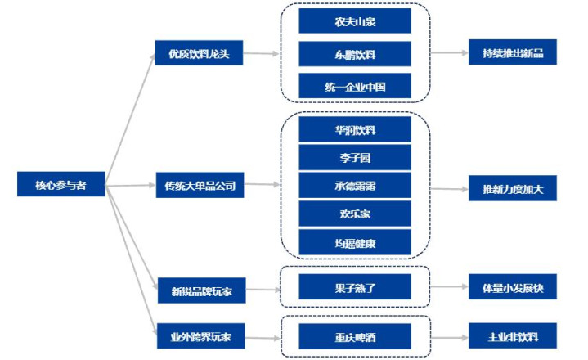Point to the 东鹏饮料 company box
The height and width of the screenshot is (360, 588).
354,55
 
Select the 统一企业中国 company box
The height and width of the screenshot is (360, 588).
354,86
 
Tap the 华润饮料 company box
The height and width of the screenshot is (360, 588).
354,129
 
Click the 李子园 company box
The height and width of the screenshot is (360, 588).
354,157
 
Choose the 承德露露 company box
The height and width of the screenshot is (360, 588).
354,186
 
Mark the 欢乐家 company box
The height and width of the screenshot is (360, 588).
354,214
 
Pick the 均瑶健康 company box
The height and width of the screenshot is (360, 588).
354,242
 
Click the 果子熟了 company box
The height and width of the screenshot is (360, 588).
354,287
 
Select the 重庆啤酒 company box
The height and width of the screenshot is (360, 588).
354,335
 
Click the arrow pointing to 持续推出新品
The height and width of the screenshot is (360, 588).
449,55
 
